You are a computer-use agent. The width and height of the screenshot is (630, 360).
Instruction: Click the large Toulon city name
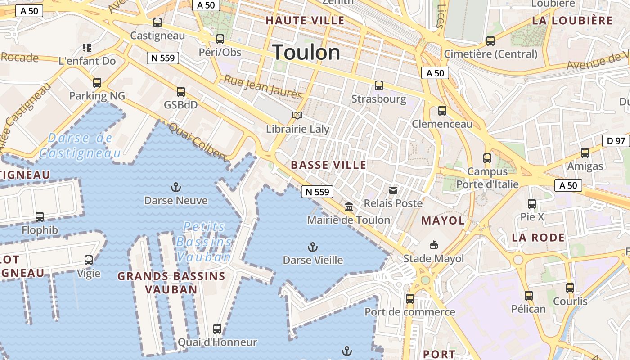[x=306, y=53]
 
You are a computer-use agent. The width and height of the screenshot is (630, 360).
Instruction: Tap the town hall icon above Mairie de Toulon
[x=349, y=207]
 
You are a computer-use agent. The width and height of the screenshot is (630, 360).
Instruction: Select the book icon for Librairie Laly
[x=297, y=116]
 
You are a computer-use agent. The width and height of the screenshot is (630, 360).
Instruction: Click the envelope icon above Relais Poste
[x=393, y=190]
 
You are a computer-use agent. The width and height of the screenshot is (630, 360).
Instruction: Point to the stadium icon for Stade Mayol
[x=433, y=245]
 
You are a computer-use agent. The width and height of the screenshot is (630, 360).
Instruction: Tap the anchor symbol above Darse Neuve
[x=175, y=187]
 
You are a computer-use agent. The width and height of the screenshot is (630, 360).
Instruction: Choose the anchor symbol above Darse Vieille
[x=312, y=247]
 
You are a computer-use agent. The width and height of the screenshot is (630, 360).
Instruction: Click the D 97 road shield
[x=616, y=141]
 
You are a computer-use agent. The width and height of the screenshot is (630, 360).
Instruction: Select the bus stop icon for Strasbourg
[x=379, y=85]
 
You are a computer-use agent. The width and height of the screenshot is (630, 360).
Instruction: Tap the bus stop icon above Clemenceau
[x=442, y=111]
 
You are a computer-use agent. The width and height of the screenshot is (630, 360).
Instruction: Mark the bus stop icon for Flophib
[x=40, y=217]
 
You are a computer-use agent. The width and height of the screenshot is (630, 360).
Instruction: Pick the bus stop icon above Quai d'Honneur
[x=217, y=329]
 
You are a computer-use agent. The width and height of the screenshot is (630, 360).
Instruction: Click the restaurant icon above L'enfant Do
[x=87, y=48]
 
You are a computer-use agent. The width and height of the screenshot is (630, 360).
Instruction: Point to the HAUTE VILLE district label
[x=305, y=21]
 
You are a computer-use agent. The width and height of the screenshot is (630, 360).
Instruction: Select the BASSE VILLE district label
[x=328, y=165]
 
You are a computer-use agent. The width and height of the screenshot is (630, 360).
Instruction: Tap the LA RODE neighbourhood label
[x=538, y=238]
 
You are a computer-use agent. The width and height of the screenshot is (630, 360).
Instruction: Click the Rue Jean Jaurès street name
[x=263, y=87]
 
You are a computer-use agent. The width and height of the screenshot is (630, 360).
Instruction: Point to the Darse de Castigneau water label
[x=80, y=145]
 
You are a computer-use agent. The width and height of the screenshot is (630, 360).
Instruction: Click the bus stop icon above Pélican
[x=529, y=296]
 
